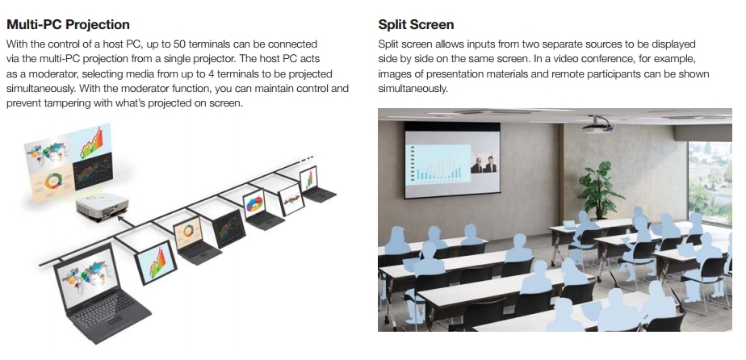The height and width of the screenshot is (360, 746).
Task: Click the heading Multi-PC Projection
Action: (x=68, y=24)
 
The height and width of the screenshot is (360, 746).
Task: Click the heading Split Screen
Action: (x=416, y=24)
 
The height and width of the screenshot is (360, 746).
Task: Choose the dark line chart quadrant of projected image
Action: (x=94, y=171)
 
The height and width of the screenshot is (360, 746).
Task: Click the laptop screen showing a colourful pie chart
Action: (x=254, y=203)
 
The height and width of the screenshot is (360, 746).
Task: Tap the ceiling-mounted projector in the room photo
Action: (x=597, y=124)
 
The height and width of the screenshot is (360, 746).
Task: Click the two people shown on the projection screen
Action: (x=484, y=163)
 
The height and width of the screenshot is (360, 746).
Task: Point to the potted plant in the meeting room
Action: (x=600, y=190)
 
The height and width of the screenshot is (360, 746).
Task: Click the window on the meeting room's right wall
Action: (x=710, y=181)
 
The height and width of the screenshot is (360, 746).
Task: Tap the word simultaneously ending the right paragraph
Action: (x=413, y=89)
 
